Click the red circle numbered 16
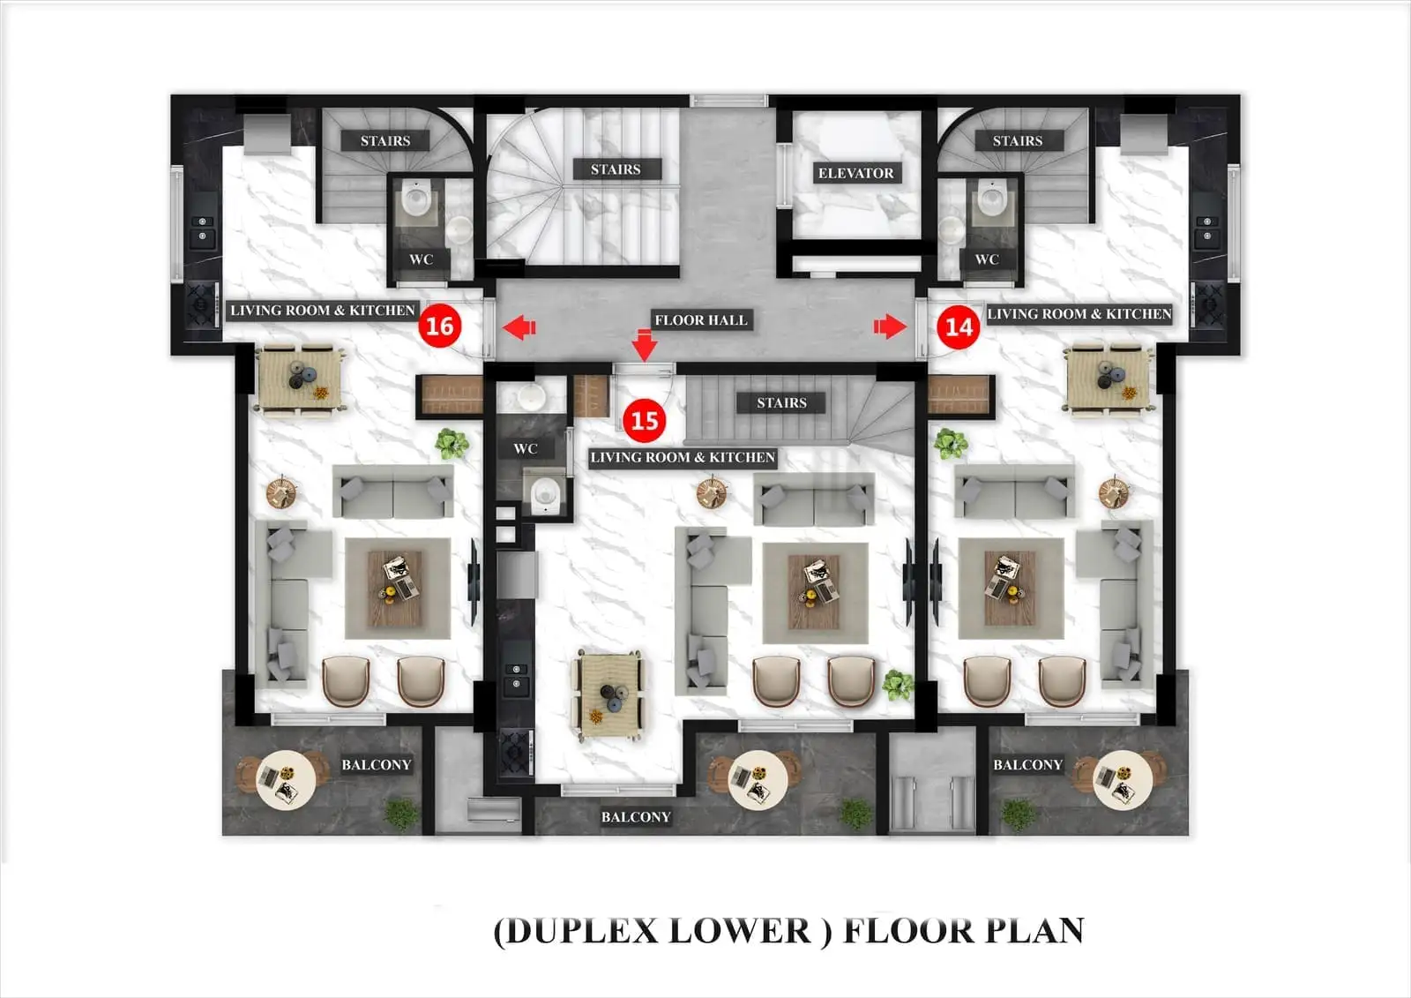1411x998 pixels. (439, 326)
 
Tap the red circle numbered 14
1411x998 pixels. (959, 326)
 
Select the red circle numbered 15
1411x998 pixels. (645, 420)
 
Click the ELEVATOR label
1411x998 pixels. (855, 173)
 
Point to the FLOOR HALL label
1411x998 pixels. (701, 319)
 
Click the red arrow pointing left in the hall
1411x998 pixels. (519, 328)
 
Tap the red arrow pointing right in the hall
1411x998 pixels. (890, 326)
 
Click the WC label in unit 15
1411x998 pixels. (526, 448)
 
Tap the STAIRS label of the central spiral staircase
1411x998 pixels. (616, 169)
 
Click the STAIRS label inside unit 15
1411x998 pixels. (781, 402)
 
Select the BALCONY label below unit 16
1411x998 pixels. (377, 764)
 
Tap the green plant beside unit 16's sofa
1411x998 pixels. (452, 443)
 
